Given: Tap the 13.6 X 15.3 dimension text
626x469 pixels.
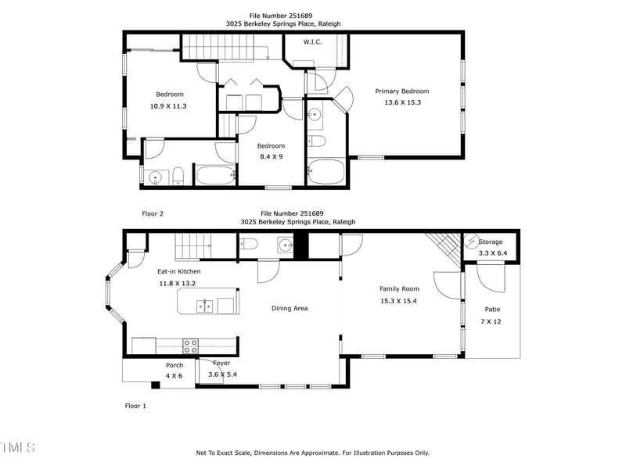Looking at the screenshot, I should tap(402, 102).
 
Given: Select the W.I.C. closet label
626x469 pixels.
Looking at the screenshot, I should tap(312, 41).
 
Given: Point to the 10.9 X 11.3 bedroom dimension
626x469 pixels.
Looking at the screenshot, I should tap(168, 106).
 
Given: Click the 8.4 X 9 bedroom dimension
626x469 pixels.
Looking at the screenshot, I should tap(271, 156).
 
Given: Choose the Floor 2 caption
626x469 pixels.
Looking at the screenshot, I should tap(153, 213).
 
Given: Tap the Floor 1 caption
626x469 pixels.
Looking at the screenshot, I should tap(135, 406).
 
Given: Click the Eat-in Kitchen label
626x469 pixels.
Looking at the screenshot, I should tap(179, 271).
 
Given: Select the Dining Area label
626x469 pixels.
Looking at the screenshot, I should tap(290, 308).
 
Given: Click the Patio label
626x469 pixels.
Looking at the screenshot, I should tap(492, 310).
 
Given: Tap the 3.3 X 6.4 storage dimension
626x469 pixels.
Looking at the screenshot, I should tap(493, 253).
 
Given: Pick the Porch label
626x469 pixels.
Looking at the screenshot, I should tap(174, 365).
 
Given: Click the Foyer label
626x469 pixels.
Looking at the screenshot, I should tap(221, 363).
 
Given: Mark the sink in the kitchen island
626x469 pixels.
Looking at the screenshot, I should tap(207, 305).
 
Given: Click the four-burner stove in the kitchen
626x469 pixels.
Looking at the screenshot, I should tap(190, 345).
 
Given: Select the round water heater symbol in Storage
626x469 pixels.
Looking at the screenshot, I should tap(471, 242).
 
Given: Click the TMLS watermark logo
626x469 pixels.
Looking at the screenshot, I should tap(17, 447).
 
